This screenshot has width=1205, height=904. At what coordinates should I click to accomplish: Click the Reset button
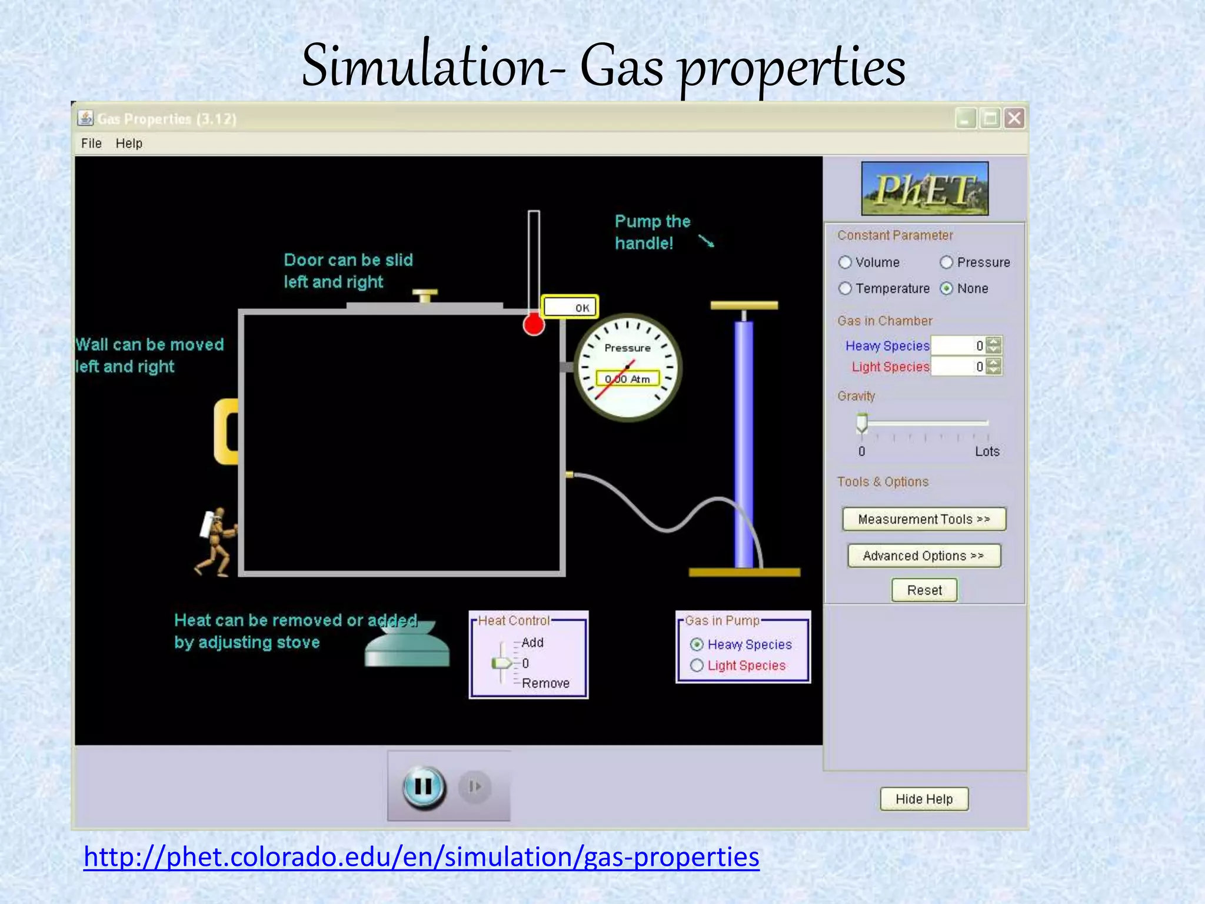(924, 590)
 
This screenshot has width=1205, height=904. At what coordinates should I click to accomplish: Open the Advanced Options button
(924, 556)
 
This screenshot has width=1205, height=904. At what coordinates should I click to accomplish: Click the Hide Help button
(924, 799)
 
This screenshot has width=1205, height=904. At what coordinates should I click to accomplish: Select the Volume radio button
(846, 262)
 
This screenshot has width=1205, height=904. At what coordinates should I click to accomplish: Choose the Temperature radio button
(846, 288)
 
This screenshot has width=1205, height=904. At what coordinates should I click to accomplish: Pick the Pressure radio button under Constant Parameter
(946, 262)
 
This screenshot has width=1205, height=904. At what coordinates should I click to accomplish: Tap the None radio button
(946, 288)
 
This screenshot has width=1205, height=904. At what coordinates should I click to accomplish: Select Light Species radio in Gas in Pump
(697, 666)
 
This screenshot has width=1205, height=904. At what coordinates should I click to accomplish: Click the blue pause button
(424, 787)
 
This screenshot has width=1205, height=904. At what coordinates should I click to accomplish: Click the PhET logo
(924, 188)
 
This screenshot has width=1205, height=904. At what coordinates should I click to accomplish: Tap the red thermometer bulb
(534, 324)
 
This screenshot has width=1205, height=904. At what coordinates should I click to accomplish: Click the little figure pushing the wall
(217, 541)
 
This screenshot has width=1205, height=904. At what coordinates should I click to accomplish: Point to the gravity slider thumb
(862, 423)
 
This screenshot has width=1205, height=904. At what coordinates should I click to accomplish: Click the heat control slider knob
(502, 663)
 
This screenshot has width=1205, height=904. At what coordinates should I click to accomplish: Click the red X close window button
(1014, 119)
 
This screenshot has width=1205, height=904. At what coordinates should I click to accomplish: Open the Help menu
(129, 144)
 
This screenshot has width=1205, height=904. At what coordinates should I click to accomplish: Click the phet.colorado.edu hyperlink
(421, 857)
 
